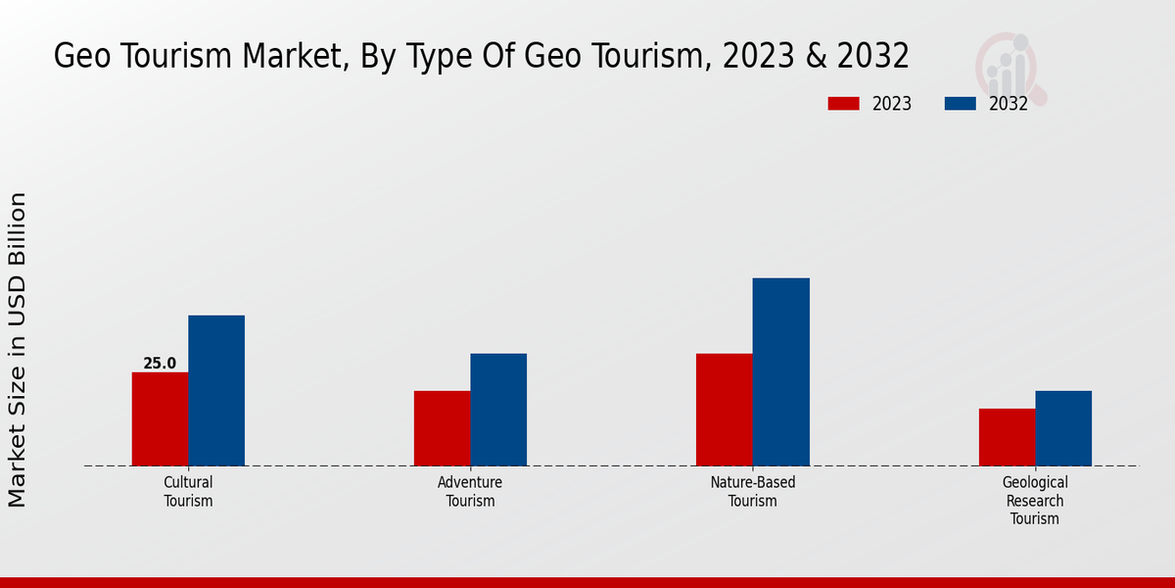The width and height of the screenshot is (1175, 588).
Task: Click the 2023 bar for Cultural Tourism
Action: point(160,418)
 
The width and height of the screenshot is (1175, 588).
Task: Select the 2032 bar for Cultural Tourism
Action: point(216,390)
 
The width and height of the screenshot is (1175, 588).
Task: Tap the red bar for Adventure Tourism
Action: point(442,428)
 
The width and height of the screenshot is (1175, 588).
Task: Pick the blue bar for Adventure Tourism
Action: point(498,410)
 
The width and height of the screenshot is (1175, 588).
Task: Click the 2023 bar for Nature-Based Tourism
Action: point(725,410)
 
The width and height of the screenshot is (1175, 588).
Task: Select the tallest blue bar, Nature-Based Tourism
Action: point(781,371)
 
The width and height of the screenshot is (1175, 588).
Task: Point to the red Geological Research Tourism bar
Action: point(1007,437)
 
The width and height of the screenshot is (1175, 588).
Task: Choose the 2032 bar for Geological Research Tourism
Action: point(1063,428)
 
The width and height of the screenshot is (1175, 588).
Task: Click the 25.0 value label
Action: point(160,364)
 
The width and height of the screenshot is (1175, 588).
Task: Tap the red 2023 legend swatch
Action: point(843,104)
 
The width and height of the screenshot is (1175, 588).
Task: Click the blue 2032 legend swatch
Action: point(961,104)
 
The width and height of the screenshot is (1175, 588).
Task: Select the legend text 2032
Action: point(1009,104)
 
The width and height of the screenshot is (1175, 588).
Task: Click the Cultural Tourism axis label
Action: point(188,492)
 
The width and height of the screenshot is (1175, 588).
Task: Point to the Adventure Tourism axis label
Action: point(470,492)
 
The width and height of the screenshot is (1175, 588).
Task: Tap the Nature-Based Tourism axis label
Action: point(753,492)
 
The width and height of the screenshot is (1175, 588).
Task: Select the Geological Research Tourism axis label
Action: point(1035,501)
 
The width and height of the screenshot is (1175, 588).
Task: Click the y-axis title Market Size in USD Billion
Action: point(18,350)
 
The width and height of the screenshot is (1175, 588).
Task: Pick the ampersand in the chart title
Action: point(818,57)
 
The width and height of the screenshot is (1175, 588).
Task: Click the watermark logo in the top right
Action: point(1010,67)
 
